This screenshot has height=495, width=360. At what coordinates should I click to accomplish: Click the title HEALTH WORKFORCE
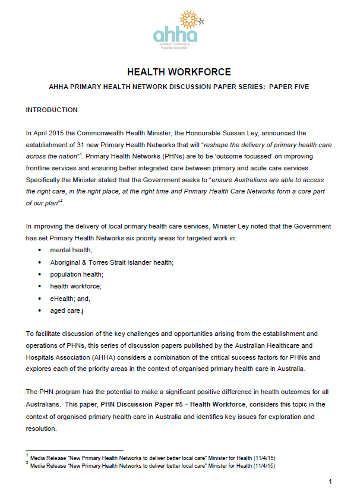[x=179, y=72]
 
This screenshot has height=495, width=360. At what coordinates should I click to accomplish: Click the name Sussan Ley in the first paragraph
[x=220, y=134]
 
